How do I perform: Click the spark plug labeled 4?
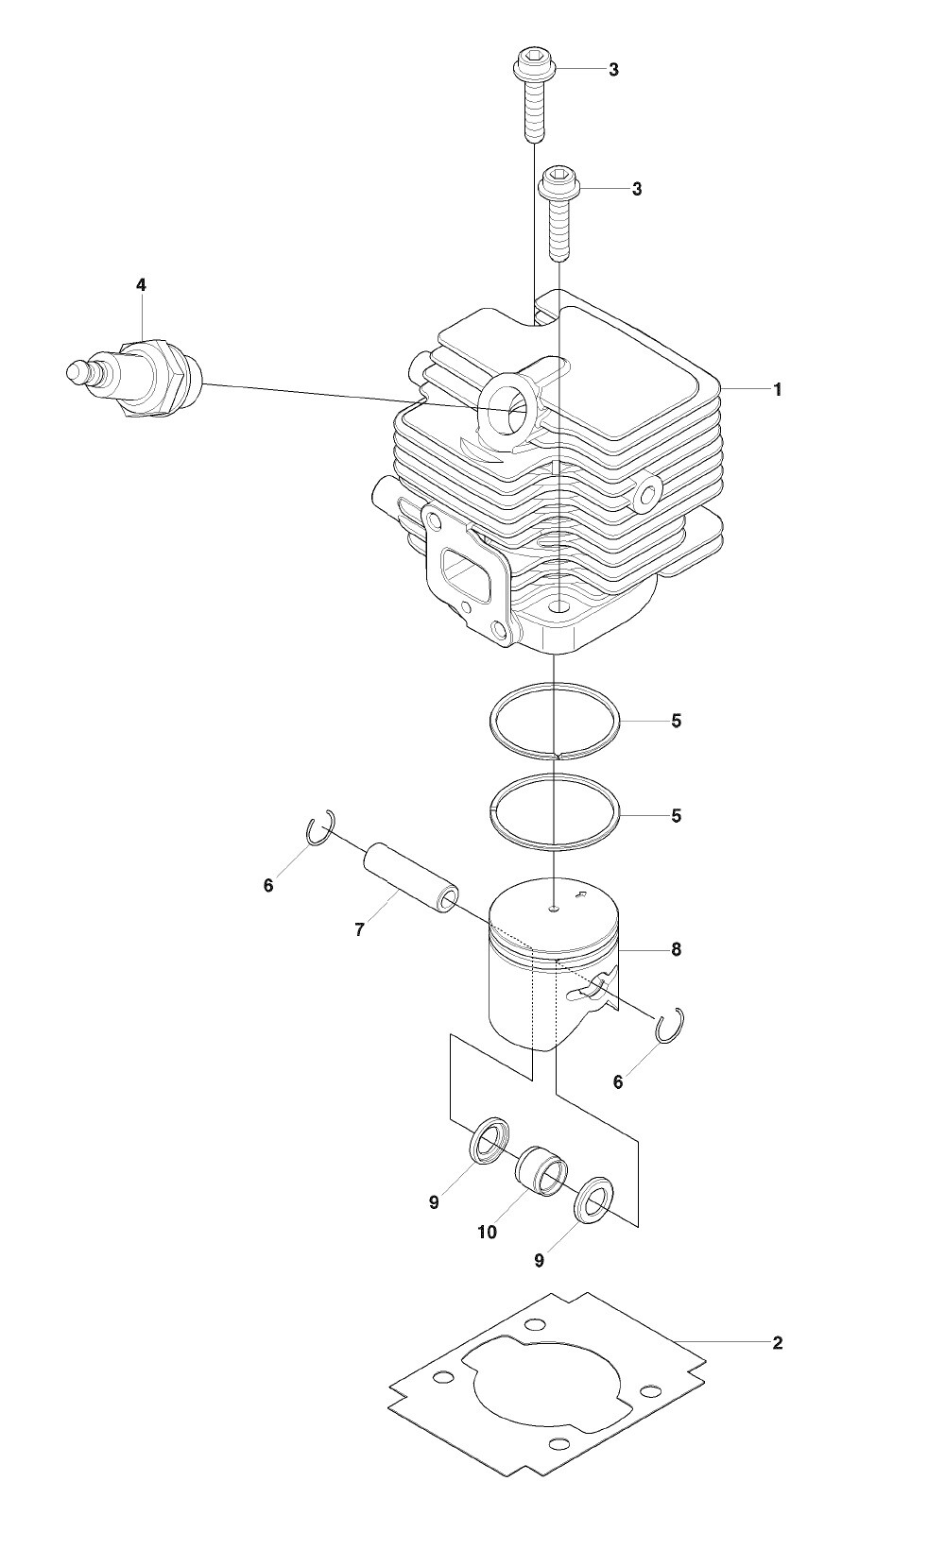(132, 378)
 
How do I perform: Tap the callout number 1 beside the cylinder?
(778, 390)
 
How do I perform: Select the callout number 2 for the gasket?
(778, 1343)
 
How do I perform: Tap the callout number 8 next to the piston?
(676, 949)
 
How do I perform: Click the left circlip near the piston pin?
(320, 828)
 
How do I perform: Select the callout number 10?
(487, 1232)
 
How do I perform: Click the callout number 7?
(359, 930)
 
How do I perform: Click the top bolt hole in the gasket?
(532, 1326)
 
